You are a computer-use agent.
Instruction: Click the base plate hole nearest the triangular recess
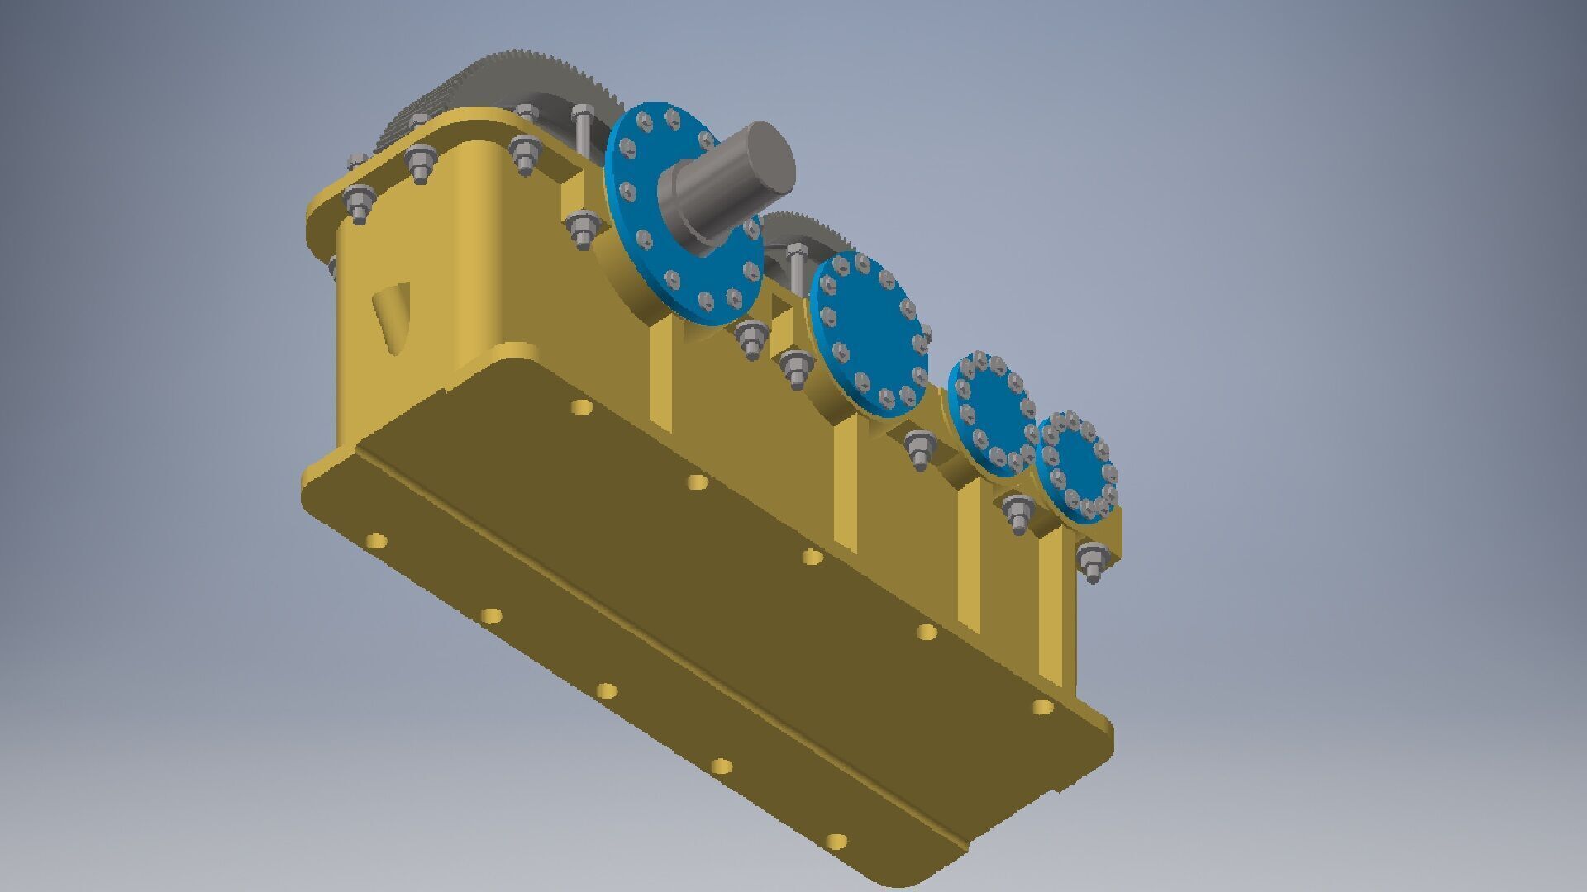tap(376, 542)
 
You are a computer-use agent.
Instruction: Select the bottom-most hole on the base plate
tap(836, 842)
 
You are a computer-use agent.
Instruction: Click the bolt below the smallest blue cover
tap(1091, 562)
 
